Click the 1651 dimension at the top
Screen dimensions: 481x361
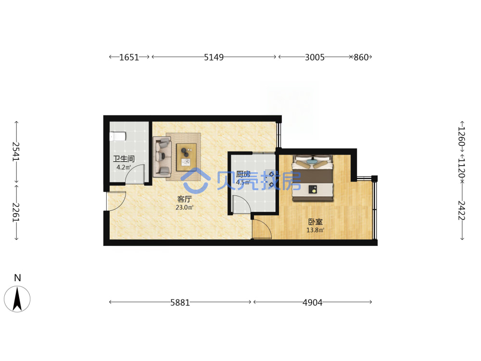click(x=129, y=57)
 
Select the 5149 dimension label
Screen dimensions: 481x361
click(x=214, y=57)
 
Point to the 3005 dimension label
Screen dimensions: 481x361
click(x=315, y=57)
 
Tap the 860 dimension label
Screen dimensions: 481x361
click(x=361, y=57)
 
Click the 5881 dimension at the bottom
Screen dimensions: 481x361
click(x=180, y=303)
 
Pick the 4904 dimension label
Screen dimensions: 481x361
click(x=313, y=303)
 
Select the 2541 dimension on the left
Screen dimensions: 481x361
click(x=16, y=152)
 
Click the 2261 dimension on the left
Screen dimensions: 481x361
click(x=16, y=212)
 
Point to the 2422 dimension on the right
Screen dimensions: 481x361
click(x=462, y=211)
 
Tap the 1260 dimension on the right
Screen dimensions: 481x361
click(x=462, y=137)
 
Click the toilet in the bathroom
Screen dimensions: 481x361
click(x=118, y=136)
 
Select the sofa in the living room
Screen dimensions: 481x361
click(x=162, y=157)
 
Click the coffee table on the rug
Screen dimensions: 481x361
click(x=186, y=157)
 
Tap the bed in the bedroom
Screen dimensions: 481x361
click(x=313, y=178)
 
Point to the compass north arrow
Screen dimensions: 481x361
click(x=17, y=299)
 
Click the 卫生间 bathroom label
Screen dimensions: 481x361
click(x=124, y=159)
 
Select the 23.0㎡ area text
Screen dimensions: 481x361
click(x=184, y=207)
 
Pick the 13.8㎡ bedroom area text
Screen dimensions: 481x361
click(x=316, y=230)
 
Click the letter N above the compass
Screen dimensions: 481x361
click(x=17, y=278)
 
